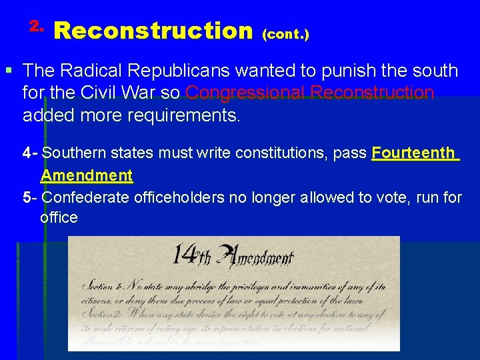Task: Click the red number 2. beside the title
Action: click(36, 27)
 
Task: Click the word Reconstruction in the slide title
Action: click(153, 31)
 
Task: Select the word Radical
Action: click(87, 71)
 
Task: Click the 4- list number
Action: click(29, 153)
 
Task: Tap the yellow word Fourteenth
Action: click(413, 153)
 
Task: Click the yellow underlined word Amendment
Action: click(87, 175)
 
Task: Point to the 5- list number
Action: click(29, 197)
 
